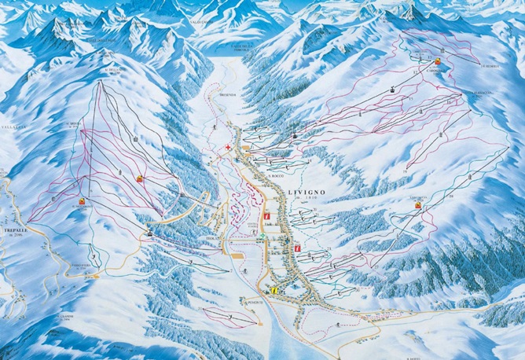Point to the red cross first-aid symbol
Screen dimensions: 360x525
tap(229, 148)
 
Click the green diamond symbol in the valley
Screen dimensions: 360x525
tap(262, 248)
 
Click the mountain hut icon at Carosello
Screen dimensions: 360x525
tap(438, 61)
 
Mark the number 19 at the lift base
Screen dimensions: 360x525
tap(408, 169)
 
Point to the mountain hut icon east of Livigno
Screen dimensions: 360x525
tap(418, 206)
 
